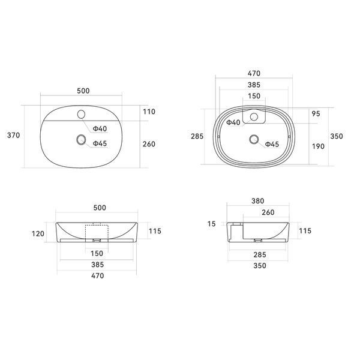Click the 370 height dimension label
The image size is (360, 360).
tap(14, 135)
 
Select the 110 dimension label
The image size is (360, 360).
tap(149, 112)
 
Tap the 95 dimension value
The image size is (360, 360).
tap(316, 113)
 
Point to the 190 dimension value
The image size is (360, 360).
tap(318, 146)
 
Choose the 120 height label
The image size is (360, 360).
tap(38, 234)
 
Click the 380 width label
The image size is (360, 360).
tap(258, 201)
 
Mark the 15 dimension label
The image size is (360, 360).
tap(211, 224)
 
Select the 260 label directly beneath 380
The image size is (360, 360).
tap(268, 212)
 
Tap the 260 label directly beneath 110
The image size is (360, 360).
tap(149, 144)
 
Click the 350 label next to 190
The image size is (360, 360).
tap(337, 136)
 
